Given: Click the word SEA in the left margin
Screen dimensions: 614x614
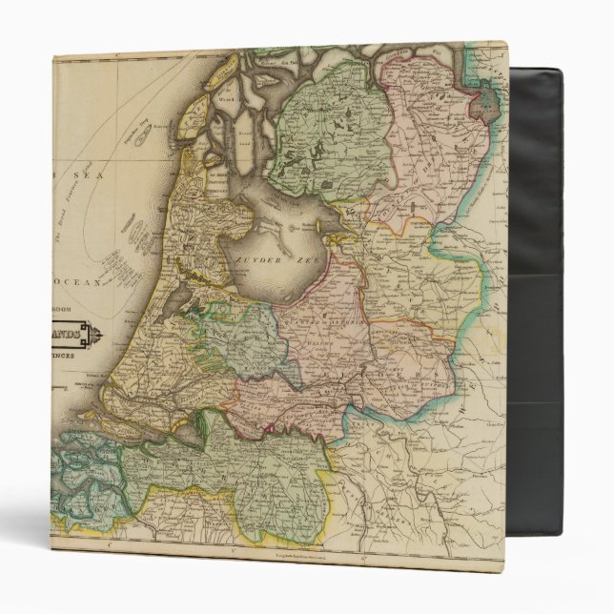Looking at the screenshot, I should (70, 175).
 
